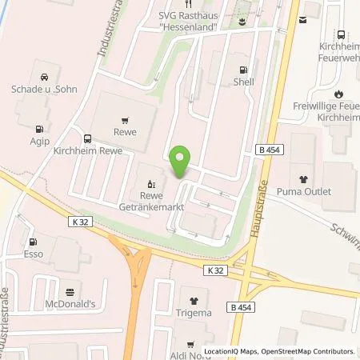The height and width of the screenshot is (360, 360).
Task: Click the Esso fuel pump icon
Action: click(x=33, y=242)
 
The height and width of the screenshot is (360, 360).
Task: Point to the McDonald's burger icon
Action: click(x=70, y=292)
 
